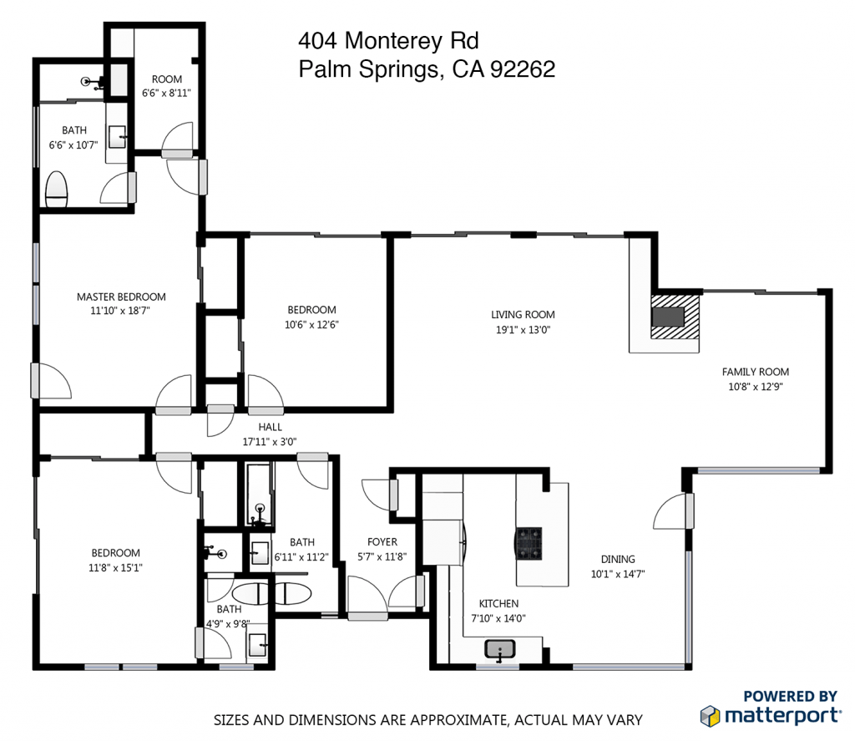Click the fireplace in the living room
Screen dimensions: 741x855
[668, 317]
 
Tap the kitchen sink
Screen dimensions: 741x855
[500, 648]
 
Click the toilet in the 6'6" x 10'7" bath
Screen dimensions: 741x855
[57, 189]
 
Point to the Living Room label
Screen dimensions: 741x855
[523, 315]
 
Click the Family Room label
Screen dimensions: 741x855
[756, 372]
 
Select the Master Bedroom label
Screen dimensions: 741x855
[121, 297]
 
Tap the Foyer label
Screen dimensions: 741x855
[382, 542]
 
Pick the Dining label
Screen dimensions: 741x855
[618, 559]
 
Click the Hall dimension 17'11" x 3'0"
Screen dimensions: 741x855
[270, 441]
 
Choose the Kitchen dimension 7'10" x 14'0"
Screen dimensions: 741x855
[498, 619]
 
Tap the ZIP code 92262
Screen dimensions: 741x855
[523, 70]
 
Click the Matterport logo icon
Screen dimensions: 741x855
[710, 715]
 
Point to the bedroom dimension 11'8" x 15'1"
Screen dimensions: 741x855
[116, 567]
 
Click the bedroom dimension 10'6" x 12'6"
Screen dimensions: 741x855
[311, 325]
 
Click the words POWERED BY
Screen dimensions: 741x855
[790, 696]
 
